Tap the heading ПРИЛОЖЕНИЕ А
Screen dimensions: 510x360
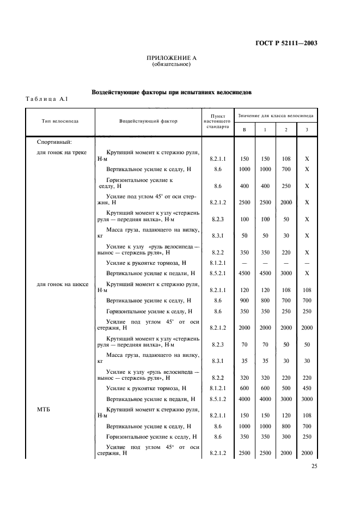(171, 58)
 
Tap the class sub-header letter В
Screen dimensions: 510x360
(244, 129)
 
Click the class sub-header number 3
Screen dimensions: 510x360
(307, 129)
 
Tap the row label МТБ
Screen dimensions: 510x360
(44, 410)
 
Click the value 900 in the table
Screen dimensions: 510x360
(244, 300)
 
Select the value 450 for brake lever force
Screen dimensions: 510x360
(307, 388)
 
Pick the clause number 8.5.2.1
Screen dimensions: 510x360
(218, 273)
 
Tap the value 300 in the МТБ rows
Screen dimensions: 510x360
(286, 437)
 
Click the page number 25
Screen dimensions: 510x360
(314, 466)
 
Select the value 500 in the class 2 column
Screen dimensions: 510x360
(286, 388)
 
